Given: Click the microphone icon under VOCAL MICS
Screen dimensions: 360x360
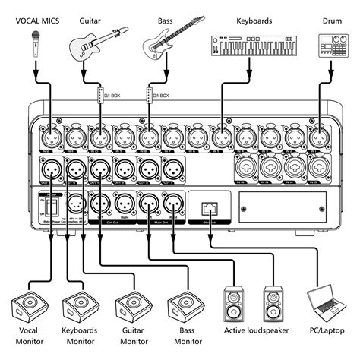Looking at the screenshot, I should [x=34, y=46].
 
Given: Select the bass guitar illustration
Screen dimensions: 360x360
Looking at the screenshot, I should [x=168, y=41].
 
